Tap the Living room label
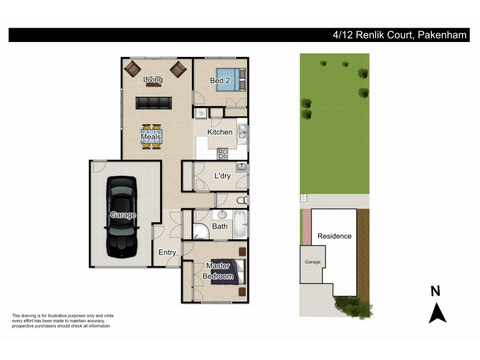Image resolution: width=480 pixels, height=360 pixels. [153, 79]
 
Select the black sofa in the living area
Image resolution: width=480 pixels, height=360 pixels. [153, 103]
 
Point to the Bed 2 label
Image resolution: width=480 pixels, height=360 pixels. [220, 81]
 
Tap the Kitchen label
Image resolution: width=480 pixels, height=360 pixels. [220, 132]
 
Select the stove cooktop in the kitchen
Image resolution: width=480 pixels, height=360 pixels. [223, 154]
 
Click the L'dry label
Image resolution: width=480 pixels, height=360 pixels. [223, 176]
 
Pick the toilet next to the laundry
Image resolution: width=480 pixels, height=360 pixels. [241, 200]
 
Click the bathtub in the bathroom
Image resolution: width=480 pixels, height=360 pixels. [239, 224]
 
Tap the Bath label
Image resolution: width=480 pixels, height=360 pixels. [220, 226]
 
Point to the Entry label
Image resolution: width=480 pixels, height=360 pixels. [167, 253]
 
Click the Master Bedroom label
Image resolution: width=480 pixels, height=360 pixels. [218, 271]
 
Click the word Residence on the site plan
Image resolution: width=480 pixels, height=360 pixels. [334, 236]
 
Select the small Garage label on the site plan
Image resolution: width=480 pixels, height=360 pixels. [313, 262]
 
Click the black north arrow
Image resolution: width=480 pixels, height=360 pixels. [437, 313]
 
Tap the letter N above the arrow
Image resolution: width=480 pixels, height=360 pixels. [436, 292]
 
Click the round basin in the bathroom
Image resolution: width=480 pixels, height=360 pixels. [221, 214]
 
